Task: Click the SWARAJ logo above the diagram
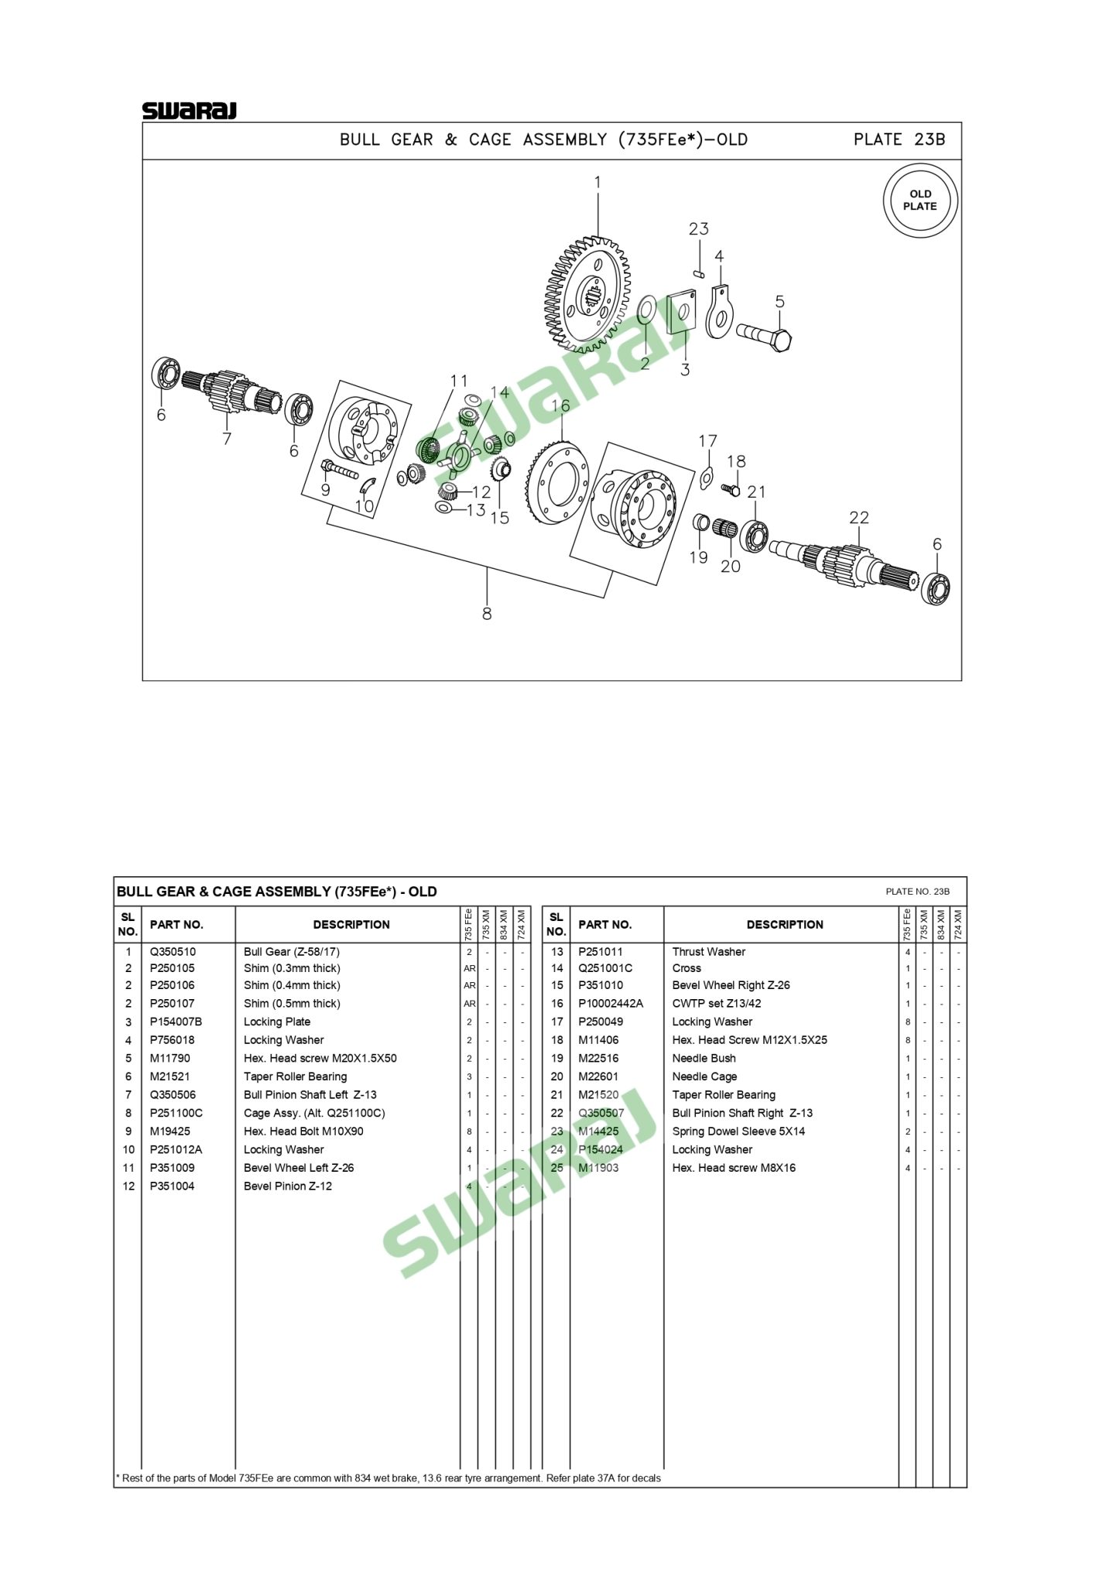tap(189, 111)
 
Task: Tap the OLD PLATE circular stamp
tap(920, 200)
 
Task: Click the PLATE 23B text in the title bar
tap(899, 140)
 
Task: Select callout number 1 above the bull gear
tap(598, 183)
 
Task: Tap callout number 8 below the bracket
tap(487, 614)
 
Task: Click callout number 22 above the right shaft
tap(859, 518)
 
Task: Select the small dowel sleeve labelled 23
tap(698, 272)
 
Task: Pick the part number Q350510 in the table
tap(173, 952)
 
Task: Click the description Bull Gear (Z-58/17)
tap(291, 952)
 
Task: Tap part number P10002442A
tap(610, 1004)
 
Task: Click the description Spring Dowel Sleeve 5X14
tap(738, 1131)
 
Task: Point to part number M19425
tap(169, 1131)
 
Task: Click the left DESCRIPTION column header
tap(351, 925)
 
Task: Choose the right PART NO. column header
tap(604, 925)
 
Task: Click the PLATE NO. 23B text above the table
tap(917, 892)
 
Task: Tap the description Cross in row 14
tap(687, 968)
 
